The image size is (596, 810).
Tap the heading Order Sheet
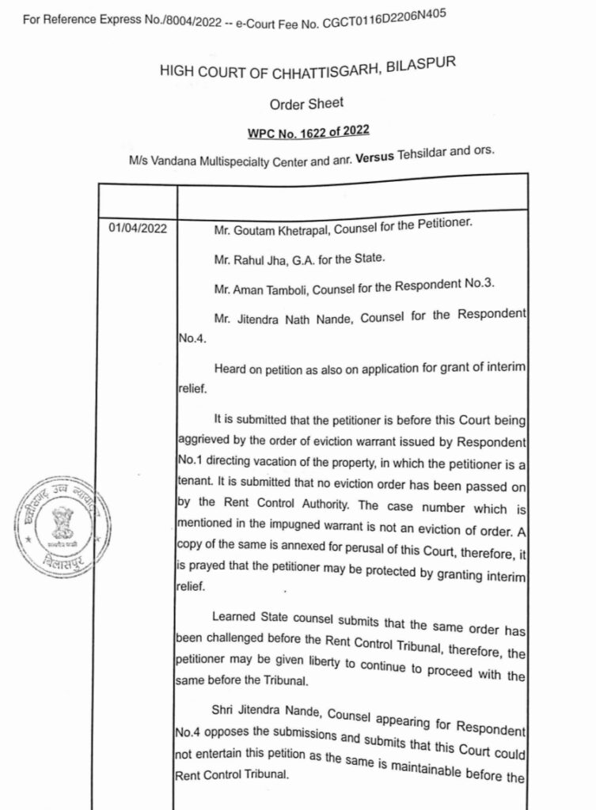(x=306, y=104)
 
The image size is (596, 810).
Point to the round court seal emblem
(x=61, y=526)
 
